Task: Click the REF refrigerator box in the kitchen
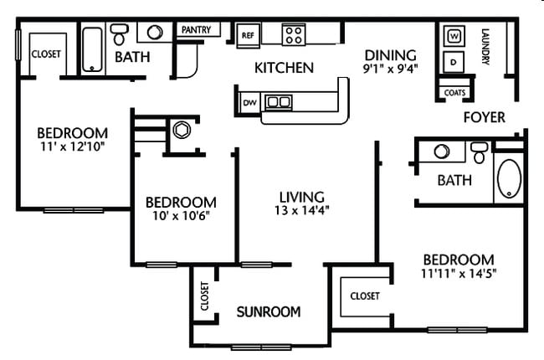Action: click(248, 35)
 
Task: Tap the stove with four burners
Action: click(294, 34)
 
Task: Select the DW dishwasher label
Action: click(249, 102)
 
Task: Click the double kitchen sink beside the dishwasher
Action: click(277, 102)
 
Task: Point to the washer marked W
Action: click(454, 36)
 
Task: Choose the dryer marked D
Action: click(454, 61)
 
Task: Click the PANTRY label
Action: click(198, 30)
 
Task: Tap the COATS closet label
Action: click(455, 92)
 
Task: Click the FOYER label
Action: click(485, 117)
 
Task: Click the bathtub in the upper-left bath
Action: click(92, 49)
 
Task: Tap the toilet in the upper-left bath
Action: click(120, 33)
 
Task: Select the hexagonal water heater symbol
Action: click(182, 131)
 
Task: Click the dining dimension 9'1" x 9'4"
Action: click(390, 67)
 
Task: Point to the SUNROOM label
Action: click(268, 311)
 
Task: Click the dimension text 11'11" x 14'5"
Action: click(458, 274)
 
